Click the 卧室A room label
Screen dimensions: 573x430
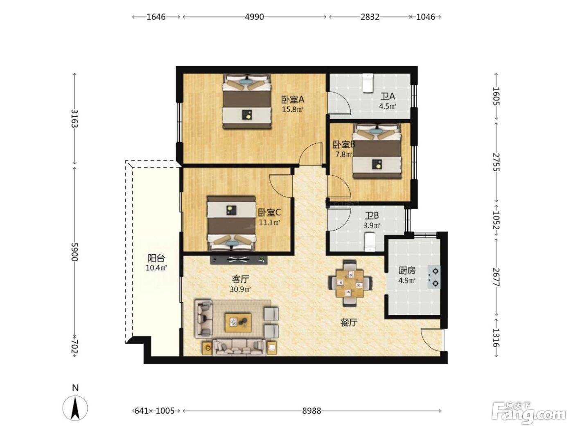[292, 100]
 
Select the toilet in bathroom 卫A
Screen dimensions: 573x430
[368, 83]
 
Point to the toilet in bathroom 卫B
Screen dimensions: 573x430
[370, 242]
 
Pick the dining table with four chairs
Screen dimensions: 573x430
[350, 283]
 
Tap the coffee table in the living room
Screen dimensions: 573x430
[238, 323]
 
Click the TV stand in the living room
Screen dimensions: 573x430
[239, 260]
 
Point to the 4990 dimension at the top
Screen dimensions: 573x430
[254, 17]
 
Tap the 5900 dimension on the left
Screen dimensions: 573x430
[75, 252]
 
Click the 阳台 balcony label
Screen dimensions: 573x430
[156, 258]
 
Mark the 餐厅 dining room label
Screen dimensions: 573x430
[349, 323]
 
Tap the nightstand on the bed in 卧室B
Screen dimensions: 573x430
[377, 164]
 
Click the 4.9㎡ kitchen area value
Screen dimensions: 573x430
[407, 281]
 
